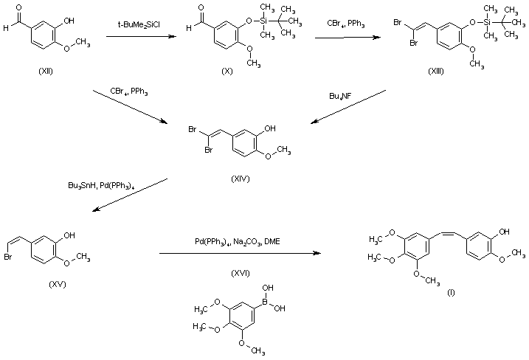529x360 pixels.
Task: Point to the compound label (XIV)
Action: pos(241,180)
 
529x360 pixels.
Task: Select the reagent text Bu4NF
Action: pos(340,96)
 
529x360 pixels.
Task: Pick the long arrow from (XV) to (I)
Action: pos(240,254)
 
